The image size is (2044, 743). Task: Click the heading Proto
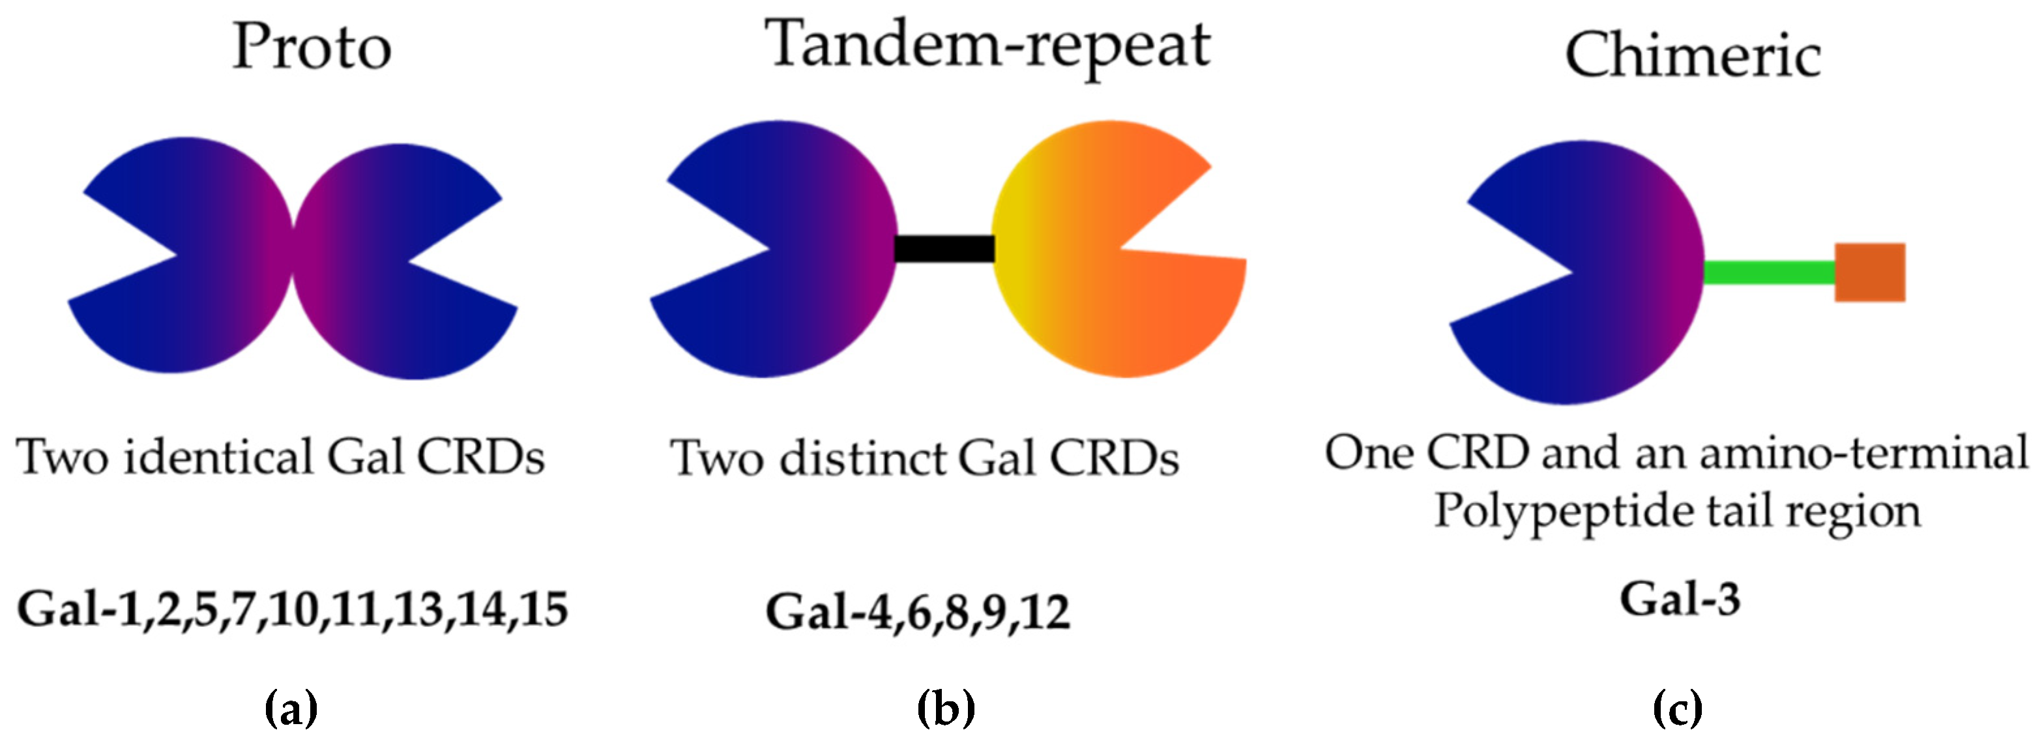click(x=311, y=48)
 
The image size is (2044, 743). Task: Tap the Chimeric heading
click(x=1693, y=55)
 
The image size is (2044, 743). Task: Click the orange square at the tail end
click(x=1869, y=272)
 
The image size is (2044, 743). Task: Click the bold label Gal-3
click(x=1680, y=600)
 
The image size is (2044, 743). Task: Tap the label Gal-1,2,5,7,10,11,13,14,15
click(x=292, y=609)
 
